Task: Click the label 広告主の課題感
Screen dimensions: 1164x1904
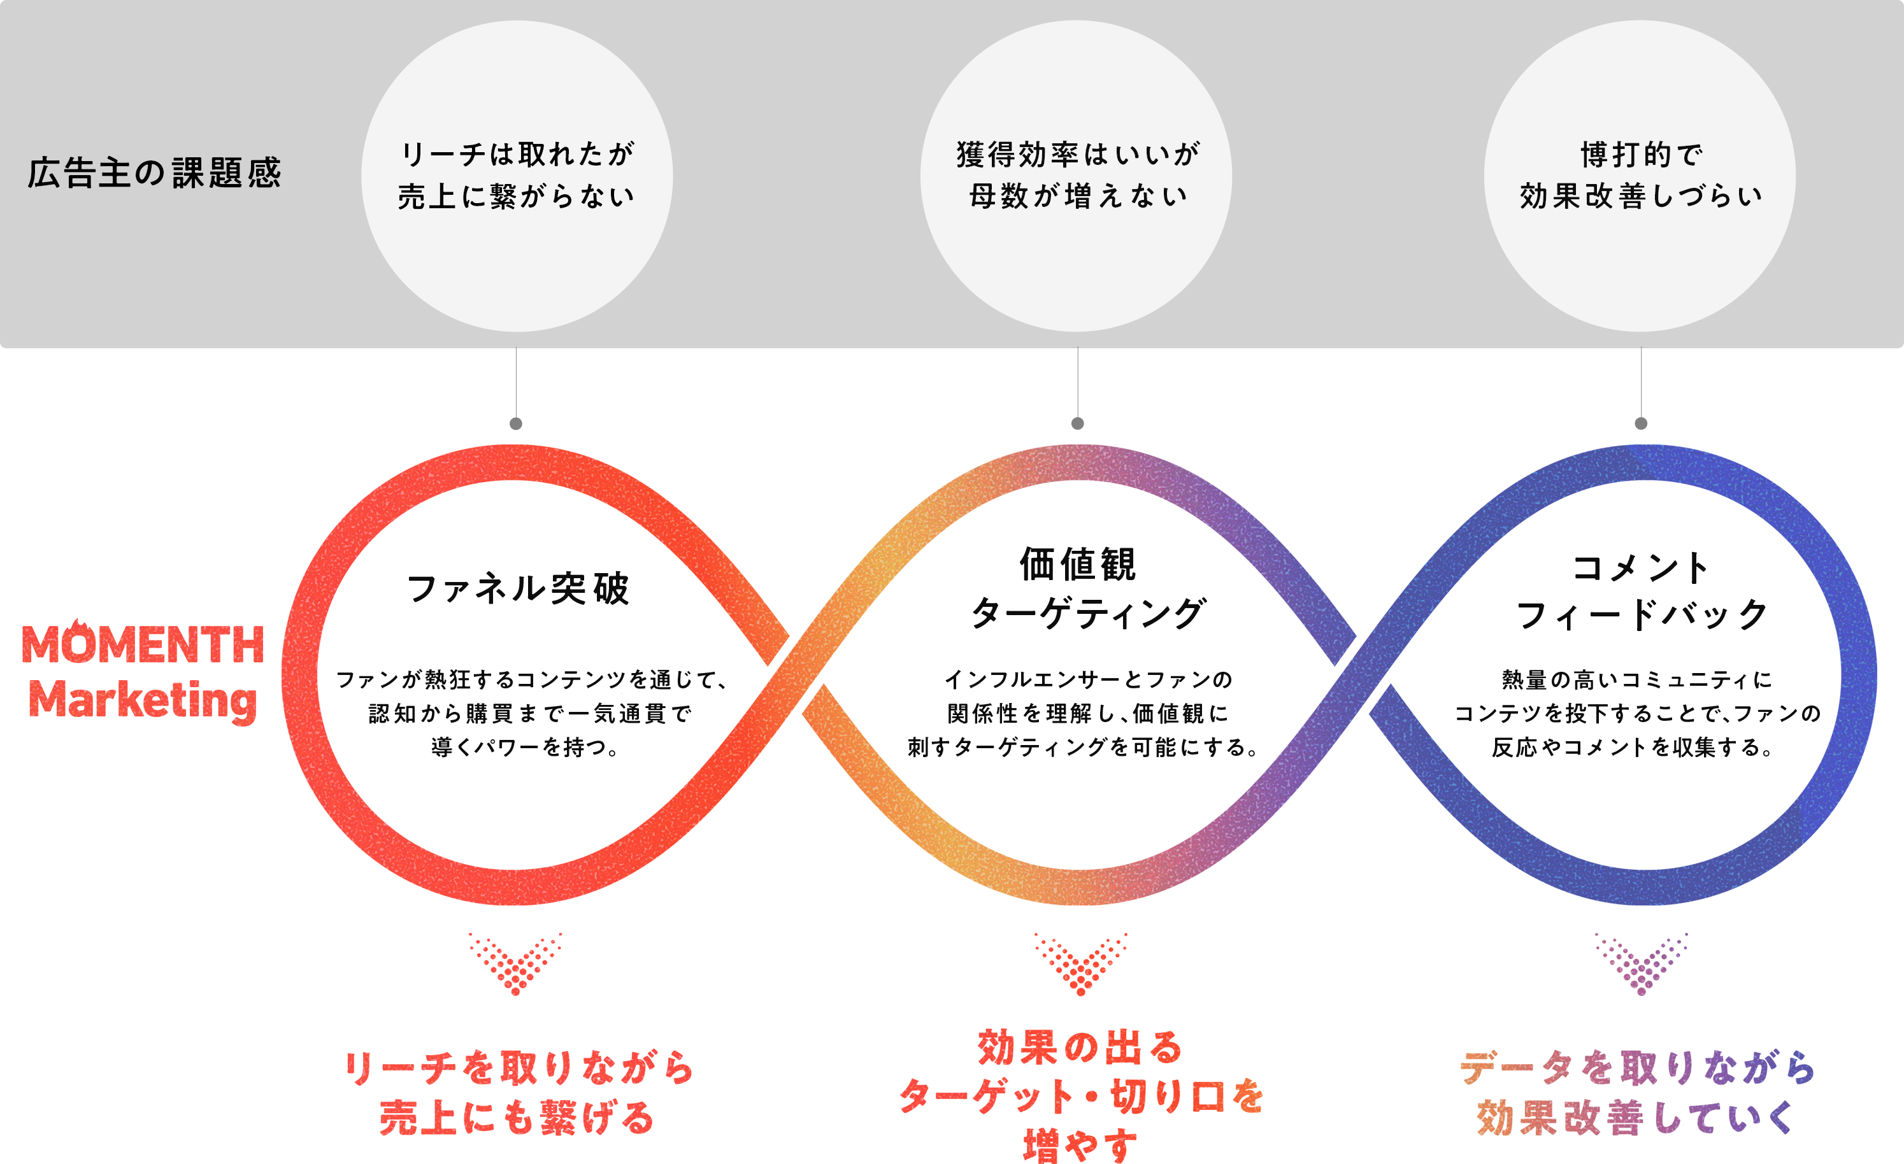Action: [155, 173]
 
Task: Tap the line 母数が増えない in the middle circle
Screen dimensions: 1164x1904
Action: [1078, 196]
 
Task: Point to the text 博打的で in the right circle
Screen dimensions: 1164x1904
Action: [1640, 155]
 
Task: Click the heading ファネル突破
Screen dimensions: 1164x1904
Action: [518, 588]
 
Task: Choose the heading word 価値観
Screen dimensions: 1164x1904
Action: [1078, 564]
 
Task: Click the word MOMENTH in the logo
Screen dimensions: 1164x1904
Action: [143, 645]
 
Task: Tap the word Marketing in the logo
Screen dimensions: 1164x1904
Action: [143, 700]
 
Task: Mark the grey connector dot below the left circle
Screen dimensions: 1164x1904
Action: [516, 423]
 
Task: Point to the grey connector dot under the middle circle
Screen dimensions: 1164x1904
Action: [1078, 423]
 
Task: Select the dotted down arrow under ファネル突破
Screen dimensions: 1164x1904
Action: [516, 964]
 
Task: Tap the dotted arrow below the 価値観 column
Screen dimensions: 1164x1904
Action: [1080, 964]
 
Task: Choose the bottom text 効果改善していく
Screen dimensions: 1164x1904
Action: [1636, 1117]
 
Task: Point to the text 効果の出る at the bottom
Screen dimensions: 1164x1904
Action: [1080, 1047]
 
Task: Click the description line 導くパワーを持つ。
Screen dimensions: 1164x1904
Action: [526, 747]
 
